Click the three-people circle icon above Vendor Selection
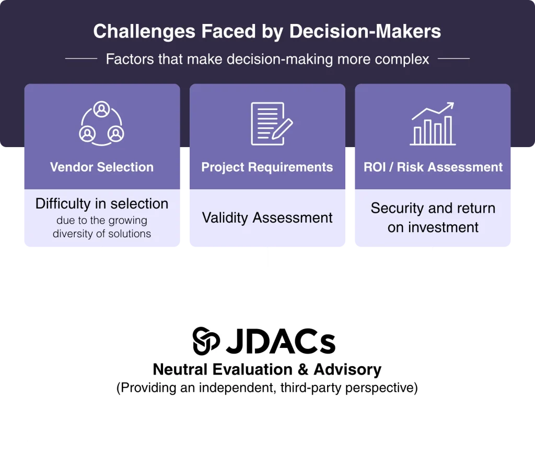[101, 123]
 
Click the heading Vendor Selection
[102, 167]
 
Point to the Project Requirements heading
[267, 167]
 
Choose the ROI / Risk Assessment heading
[433, 167]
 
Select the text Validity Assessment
[267, 217]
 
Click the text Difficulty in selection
[102, 204]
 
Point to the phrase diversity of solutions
[102, 234]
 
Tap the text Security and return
[433, 208]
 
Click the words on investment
[433, 227]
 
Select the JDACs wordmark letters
[281, 341]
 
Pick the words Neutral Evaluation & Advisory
[267, 370]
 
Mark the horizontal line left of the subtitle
[81, 59]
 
